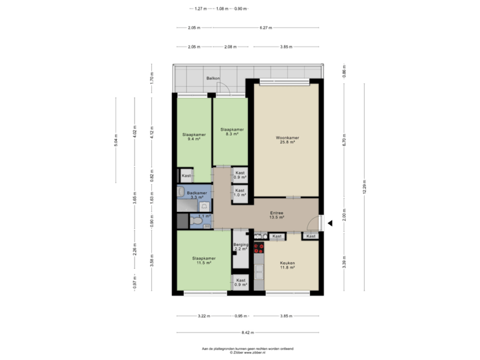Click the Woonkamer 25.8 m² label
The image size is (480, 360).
pos(287,140)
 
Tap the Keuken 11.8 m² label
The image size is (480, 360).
pos(287,265)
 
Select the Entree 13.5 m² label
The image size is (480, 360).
pos(276,215)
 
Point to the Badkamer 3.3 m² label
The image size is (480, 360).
pos(196,195)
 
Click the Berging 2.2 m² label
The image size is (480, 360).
pos(240,247)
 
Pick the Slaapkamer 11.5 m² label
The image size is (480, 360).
pos(203,261)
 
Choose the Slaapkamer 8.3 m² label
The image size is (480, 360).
pos(231,131)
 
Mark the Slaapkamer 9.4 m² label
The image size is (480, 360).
pos(194,137)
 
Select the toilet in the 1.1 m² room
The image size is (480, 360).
pos(224,220)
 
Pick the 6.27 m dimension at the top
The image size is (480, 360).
pos(267,28)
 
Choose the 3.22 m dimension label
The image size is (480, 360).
pos(204,316)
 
